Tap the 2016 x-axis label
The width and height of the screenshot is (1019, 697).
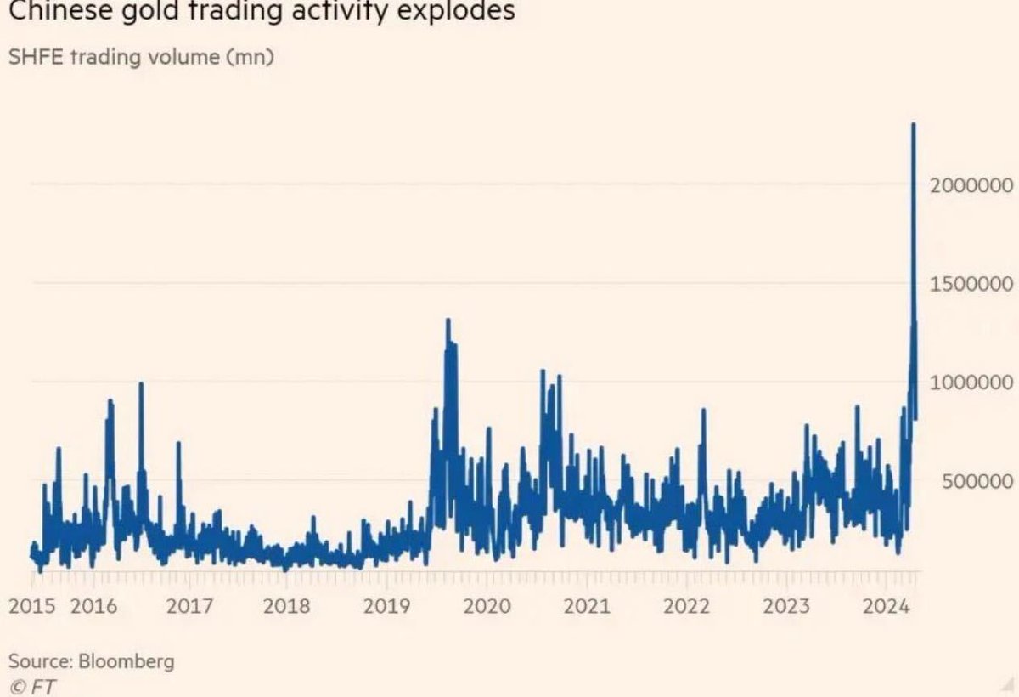[93, 606]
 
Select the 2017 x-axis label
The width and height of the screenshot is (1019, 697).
[189, 606]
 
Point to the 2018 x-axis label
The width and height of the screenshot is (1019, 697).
[287, 606]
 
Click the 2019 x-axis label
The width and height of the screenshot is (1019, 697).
[386, 606]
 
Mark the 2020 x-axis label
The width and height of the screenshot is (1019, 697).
[487, 606]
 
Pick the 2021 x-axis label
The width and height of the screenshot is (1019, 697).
[587, 606]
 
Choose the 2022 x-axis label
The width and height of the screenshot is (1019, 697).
[686, 606]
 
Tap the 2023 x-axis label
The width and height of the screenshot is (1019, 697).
[785, 606]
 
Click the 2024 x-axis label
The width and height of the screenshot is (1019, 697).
[886, 606]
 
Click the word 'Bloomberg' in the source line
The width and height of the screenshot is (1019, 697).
[127, 660]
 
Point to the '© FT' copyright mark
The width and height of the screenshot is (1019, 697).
[32, 685]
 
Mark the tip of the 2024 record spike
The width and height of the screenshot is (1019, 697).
[913, 125]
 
